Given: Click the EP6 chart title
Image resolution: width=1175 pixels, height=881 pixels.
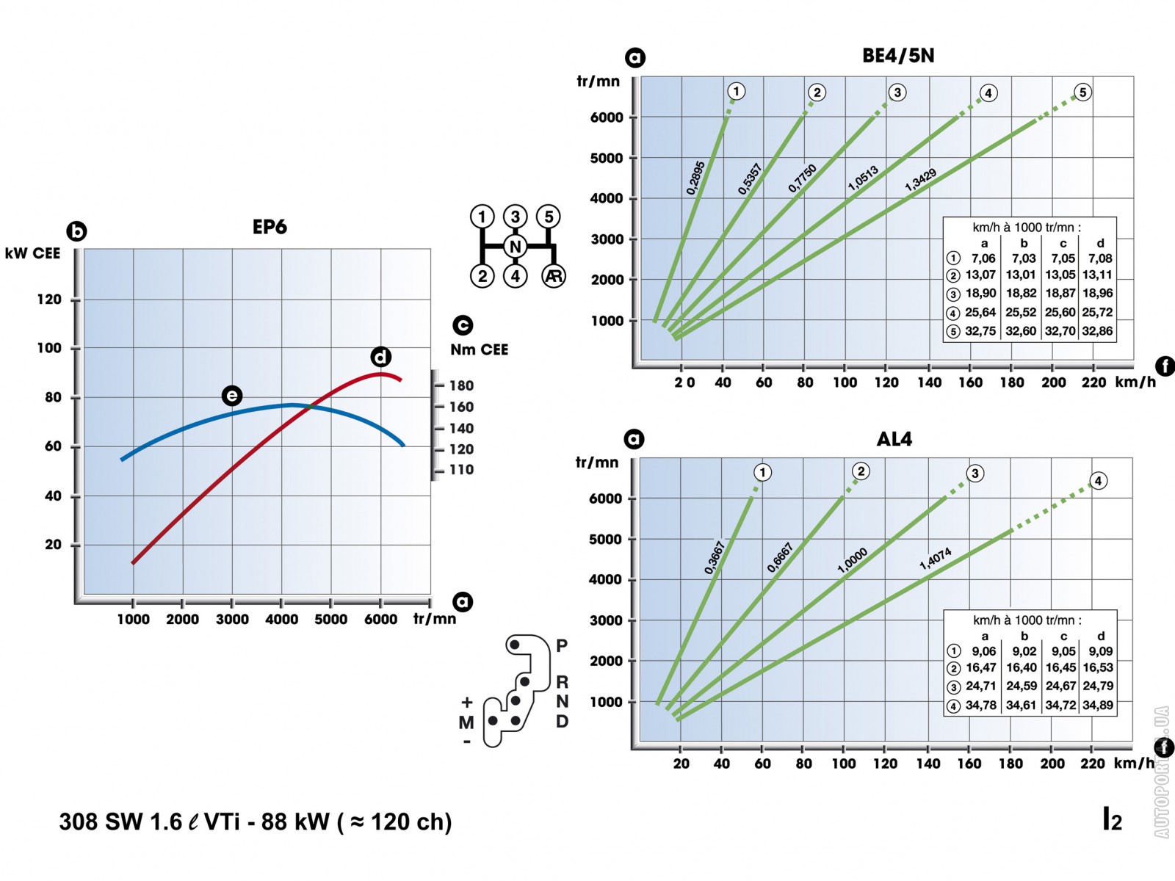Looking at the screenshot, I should [x=270, y=227].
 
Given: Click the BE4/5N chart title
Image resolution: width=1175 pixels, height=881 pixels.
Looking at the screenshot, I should [x=897, y=56].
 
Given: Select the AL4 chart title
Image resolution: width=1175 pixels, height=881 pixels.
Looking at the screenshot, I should [x=894, y=439].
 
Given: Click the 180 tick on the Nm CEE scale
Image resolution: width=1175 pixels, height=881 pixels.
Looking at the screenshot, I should [x=460, y=385].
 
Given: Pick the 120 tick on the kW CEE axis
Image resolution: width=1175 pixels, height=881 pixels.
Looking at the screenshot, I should [x=50, y=300].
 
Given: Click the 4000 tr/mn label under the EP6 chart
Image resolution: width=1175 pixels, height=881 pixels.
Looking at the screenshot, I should [x=281, y=619].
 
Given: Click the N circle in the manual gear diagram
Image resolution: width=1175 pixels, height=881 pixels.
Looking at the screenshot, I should [x=516, y=247].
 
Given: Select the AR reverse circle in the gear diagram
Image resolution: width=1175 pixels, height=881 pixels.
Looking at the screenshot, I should [x=553, y=276].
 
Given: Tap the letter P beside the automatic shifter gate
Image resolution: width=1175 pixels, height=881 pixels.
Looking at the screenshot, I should [x=562, y=645].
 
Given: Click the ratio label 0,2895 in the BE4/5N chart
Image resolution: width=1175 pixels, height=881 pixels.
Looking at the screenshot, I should [x=695, y=178].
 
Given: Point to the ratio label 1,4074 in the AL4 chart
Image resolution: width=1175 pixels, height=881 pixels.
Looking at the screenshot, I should [x=935, y=559].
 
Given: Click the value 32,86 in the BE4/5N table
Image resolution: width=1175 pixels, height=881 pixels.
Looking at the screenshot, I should [x=1097, y=331].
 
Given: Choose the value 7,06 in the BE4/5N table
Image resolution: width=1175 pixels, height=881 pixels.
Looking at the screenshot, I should [x=983, y=258].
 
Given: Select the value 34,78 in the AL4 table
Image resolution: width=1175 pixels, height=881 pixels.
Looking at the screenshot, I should [x=980, y=706].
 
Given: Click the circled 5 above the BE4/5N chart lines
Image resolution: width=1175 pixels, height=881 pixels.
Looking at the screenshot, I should [x=1082, y=93].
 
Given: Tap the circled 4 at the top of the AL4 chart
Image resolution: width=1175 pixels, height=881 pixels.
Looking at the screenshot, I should [x=1098, y=481].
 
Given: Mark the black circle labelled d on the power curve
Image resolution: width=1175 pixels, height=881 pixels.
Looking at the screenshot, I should [x=380, y=358].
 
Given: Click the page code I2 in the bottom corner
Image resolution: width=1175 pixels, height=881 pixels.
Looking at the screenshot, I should [x=1112, y=819].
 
